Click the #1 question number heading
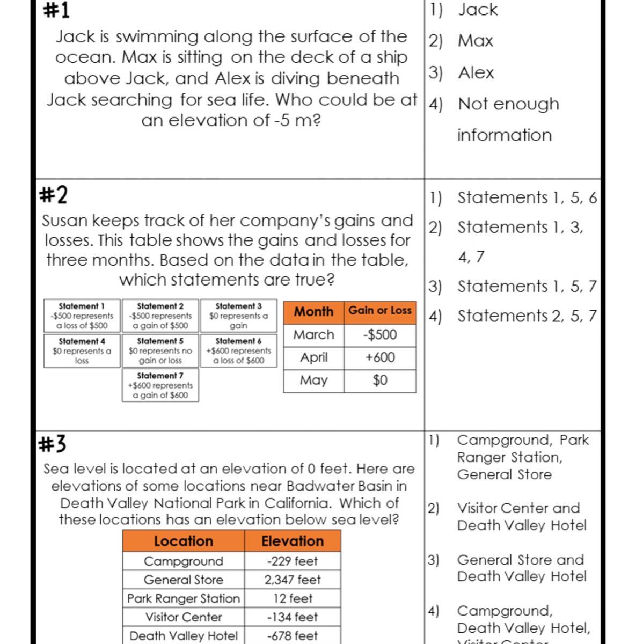click(56, 10)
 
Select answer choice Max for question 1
click(475, 41)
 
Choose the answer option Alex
click(476, 72)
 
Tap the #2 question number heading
click(54, 194)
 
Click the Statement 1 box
click(82, 316)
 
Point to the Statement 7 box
click(160, 385)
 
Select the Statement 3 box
click(238, 316)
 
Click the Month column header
click(313, 312)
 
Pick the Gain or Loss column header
click(380, 311)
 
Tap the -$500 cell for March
click(380, 335)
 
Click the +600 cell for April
click(380, 357)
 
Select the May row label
click(313, 380)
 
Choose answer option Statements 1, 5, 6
click(527, 198)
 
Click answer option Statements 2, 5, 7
click(527, 316)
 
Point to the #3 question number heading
click(53, 444)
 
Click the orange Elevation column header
click(293, 541)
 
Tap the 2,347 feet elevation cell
click(293, 580)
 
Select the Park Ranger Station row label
click(184, 598)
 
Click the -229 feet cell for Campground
click(293, 561)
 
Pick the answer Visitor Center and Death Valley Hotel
click(521, 516)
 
